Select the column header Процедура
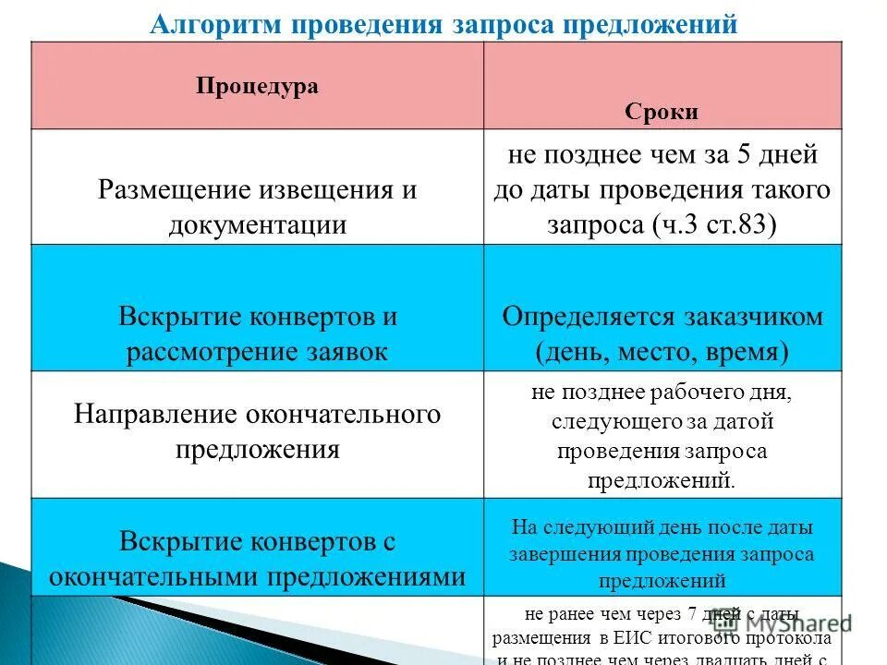[x=257, y=86]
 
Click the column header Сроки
[x=662, y=113]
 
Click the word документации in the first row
[x=257, y=224]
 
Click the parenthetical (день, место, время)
[x=662, y=351]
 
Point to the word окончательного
[x=342, y=415]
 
